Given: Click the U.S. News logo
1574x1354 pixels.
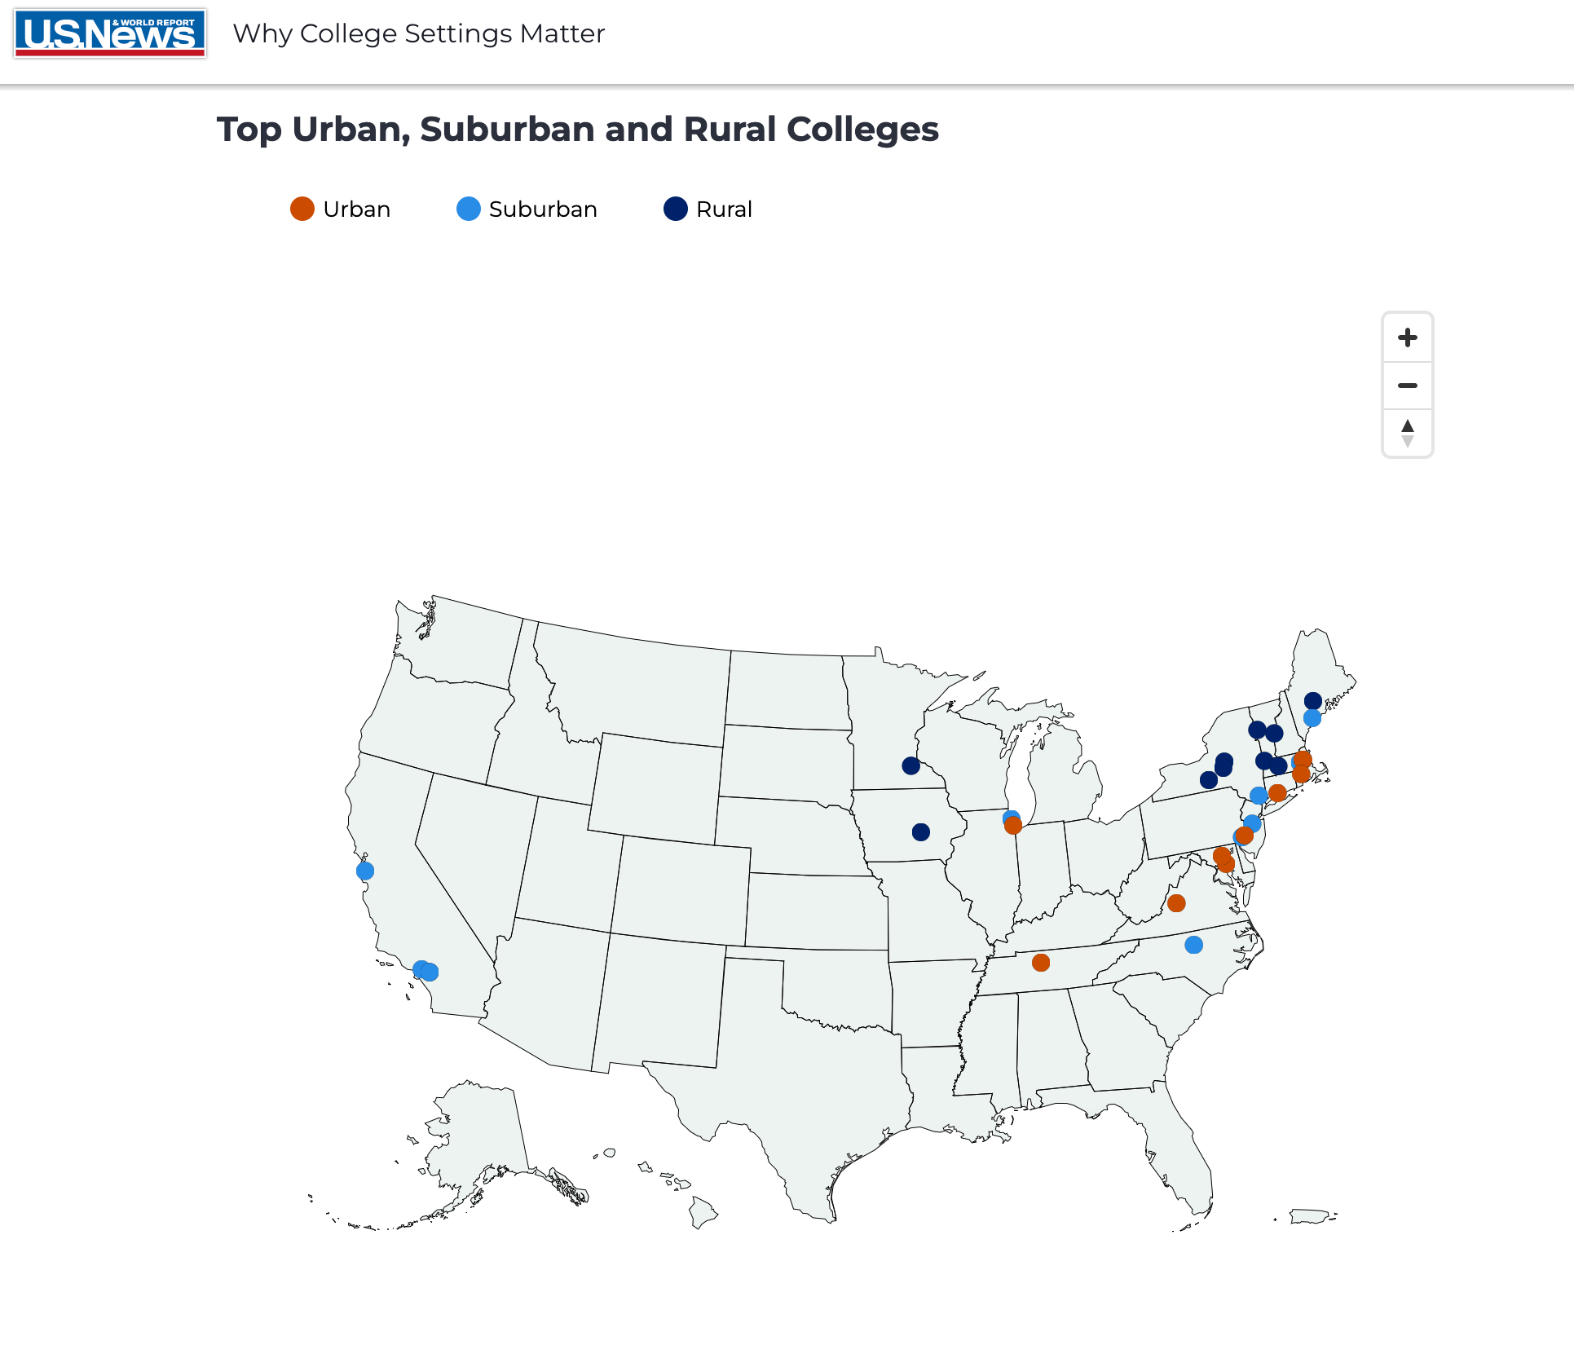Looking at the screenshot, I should [110, 33].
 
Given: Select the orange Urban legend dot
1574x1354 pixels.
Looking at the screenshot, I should [302, 209].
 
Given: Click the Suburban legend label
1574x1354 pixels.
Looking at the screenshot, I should [543, 209].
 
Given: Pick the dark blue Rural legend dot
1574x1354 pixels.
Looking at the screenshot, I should [676, 209].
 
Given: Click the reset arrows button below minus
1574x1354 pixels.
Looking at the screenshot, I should [1407, 433].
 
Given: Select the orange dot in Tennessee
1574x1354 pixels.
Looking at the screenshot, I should [1041, 963].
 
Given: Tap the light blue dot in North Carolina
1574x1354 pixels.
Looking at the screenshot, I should [1193, 945].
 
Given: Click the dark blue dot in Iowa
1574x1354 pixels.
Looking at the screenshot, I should [921, 832].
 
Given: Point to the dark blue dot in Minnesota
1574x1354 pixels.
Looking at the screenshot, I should [911, 765].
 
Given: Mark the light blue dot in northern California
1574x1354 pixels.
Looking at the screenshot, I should [365, 871].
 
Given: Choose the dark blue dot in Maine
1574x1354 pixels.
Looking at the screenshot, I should [1313, 701].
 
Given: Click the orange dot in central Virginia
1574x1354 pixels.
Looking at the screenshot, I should [1176, 903].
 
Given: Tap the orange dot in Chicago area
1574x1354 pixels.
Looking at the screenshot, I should [1013, 826].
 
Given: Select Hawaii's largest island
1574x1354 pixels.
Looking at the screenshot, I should [703, 1212].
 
